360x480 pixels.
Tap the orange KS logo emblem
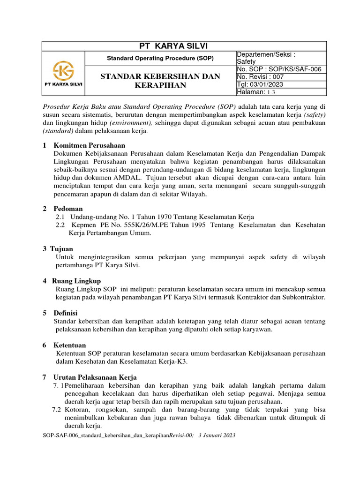coord(63,71)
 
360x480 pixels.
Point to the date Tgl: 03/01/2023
coord(260,84)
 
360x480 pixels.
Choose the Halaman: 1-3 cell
coord(259,92)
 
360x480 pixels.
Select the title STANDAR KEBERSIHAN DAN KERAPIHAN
coord(161,81)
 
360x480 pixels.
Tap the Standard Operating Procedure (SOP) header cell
coord(161,58)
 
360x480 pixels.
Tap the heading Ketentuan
coord(70,345)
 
